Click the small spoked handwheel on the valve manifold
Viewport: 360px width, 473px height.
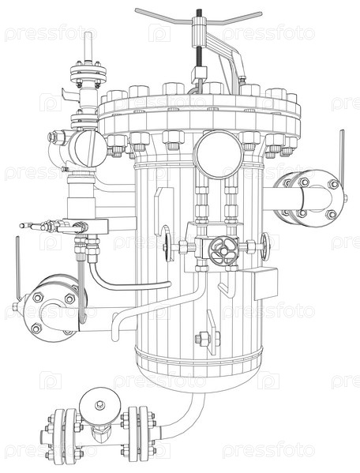click(x=223, y=250)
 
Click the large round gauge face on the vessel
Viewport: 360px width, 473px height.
click(x=219, y=155)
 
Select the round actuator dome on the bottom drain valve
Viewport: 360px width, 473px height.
click(x=100, y=405)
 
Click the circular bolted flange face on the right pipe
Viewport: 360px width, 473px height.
click(x=317, y=198)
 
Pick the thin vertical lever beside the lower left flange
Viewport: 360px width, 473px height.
click(x=18, y=268)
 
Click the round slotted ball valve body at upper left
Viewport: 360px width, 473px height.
click(x=90, y=148)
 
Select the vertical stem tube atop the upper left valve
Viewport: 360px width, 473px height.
click(x=88, y=46)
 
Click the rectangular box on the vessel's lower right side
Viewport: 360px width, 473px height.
click(x=266, y=283)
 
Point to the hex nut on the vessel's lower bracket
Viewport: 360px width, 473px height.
click(x=202, y=338)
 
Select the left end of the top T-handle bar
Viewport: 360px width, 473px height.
click(x=137, y=10)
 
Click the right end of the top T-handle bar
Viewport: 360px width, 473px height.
click(x=260, y=13)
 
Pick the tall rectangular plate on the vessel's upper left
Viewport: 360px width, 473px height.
click(x=163, y=212)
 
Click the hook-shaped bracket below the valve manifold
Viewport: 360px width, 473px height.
click(x=226, y=290)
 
